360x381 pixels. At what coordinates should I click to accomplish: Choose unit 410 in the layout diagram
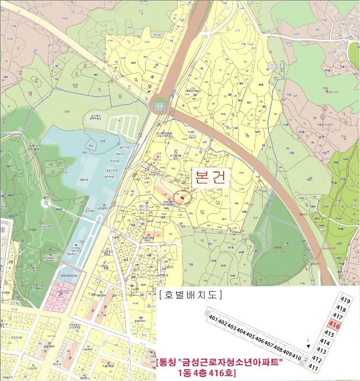coord(296,357)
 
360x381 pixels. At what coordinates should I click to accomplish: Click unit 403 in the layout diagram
coord(231,327)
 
